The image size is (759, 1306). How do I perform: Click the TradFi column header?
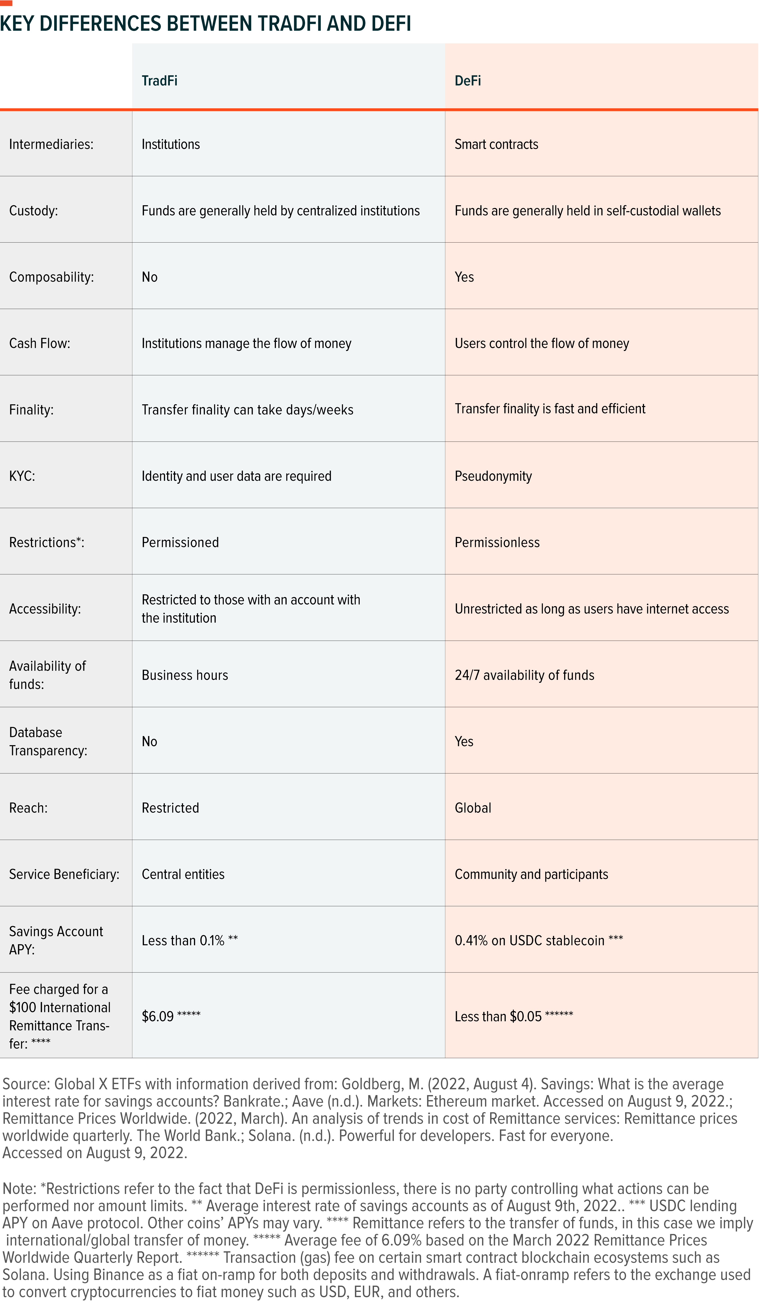pyautogui.click(x=160, y=81)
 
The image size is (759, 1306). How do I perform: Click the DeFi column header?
pyautogui.click(x=468, y=81)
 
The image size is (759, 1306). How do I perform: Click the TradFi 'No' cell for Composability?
pyautogui.click(x=149, y=277)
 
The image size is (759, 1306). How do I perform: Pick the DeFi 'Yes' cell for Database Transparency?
pyautogui.click(x=464, y=742)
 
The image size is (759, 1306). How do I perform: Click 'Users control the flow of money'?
pyautogui.click(x=542, y=344)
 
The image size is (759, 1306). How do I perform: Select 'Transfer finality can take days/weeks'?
pyautogui.click(x=247, y=410)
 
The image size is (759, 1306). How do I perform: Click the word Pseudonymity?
pyautogui.click(x=493, y=476)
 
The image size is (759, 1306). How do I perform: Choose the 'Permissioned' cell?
pyautogui.click(x=180, y=543)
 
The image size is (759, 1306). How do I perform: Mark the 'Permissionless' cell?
pyautogui.click(x=497, y=543)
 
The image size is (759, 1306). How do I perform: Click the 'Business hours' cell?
pyautogui.click(x=185, y=675)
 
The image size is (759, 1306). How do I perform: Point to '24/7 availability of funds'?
pyautogui.click(x=524, y=675)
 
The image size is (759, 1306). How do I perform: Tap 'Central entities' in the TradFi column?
pyautogui.click(x=183, y=874)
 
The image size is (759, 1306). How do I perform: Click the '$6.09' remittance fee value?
pyautogui.click(x=158, y=1016)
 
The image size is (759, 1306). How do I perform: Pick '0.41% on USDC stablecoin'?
pyautogui.click(x=529, y=941)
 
